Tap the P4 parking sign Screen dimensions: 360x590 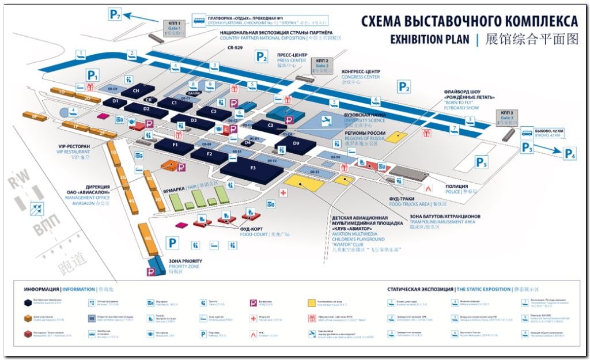[x=570, y=154]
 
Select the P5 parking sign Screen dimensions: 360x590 [x=482, y=163]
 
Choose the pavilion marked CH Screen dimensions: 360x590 [x=137, y=91]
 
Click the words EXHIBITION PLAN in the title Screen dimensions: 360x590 [x=430, y=40]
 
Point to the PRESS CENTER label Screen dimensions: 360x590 [x=292, y=60]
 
